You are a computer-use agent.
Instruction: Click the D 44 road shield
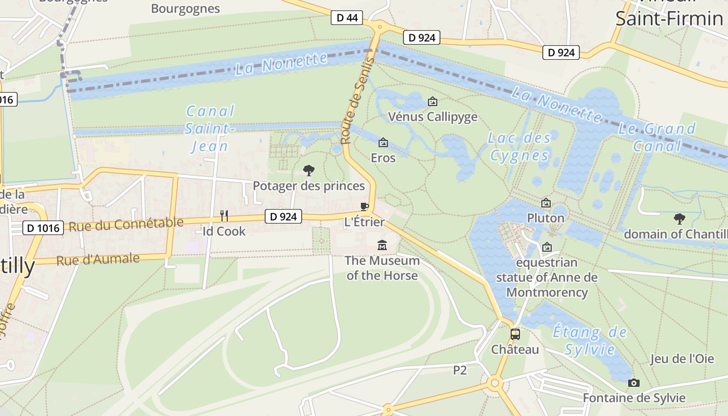tap(347, 18)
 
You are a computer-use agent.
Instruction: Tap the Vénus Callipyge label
tap(433, 116)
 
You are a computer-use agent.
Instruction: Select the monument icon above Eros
tap(383, 142)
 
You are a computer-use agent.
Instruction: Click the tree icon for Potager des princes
tap(308, 170)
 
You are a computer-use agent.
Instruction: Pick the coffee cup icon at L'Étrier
tap(365, 207)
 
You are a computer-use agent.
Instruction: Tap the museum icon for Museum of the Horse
tap(382, 245)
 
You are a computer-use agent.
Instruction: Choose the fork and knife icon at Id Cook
tap(224, 215)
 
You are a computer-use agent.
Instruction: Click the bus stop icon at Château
tap(515, 334)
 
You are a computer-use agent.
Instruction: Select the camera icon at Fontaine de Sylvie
tap(633, 383)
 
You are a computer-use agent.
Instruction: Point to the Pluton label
tap(545, 218)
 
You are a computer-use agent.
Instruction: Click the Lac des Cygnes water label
tap(519, 147)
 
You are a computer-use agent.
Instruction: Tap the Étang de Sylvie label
tap(590, 340)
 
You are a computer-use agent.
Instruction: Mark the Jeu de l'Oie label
tap(681, 359)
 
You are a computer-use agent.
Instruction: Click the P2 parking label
tap(460, 370)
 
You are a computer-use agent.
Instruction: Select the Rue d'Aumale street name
tap(98, 259)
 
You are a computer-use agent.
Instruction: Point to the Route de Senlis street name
tap(358, 101)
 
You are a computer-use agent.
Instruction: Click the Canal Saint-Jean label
tap(211, 128)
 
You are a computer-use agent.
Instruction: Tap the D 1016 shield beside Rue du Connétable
tap(44, 227)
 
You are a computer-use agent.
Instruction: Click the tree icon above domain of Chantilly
tap(679, 218)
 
